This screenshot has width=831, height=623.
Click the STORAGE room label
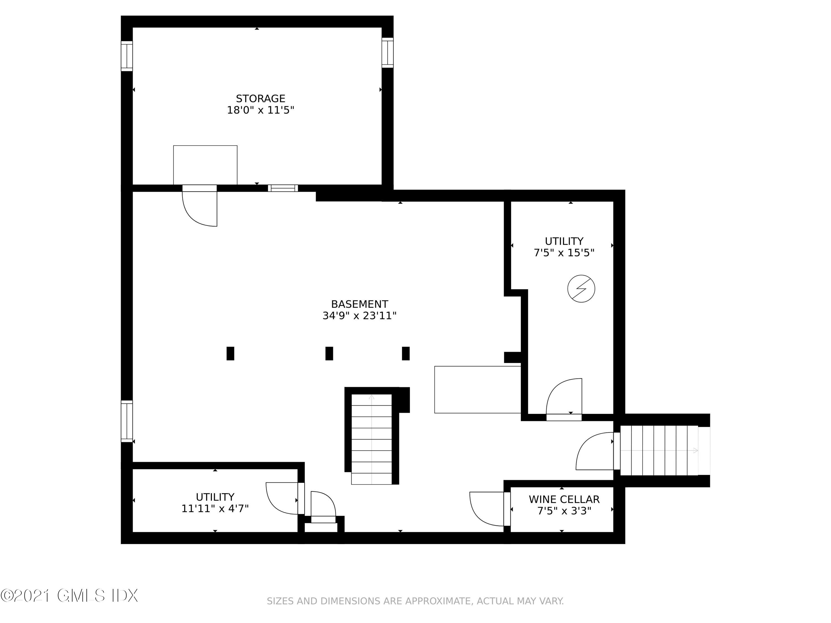point(260,98)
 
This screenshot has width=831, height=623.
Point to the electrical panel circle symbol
point(581,289)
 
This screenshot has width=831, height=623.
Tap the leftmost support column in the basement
point(230,353)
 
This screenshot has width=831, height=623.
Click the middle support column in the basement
point(329,353)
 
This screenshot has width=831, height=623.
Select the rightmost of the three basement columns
point(406,353)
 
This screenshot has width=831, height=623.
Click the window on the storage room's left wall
point(127,56)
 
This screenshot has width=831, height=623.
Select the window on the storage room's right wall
point(387,53)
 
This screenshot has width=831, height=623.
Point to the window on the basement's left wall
point(127,421)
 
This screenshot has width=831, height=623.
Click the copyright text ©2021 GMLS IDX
point(70,596)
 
